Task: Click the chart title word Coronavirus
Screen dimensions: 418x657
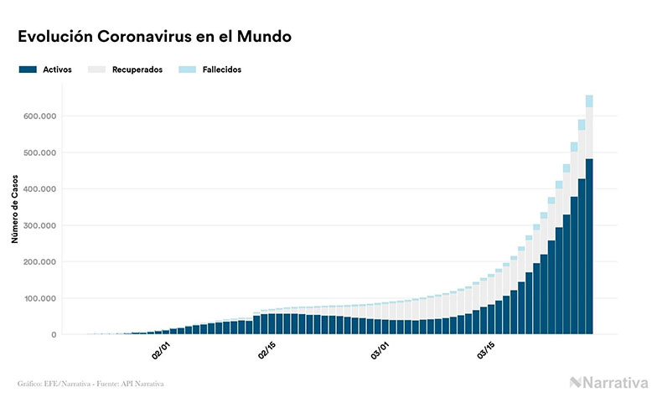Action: click(151, 37)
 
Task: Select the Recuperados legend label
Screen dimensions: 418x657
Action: click(137, 70)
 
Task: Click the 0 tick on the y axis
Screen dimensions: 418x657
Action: click(54, 335)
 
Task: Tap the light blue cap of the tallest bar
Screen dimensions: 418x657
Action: click(589, 101)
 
